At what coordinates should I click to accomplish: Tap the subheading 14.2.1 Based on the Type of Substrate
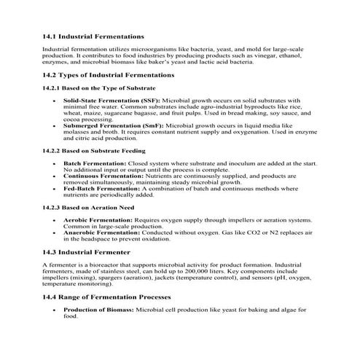click(x=98, y=87)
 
